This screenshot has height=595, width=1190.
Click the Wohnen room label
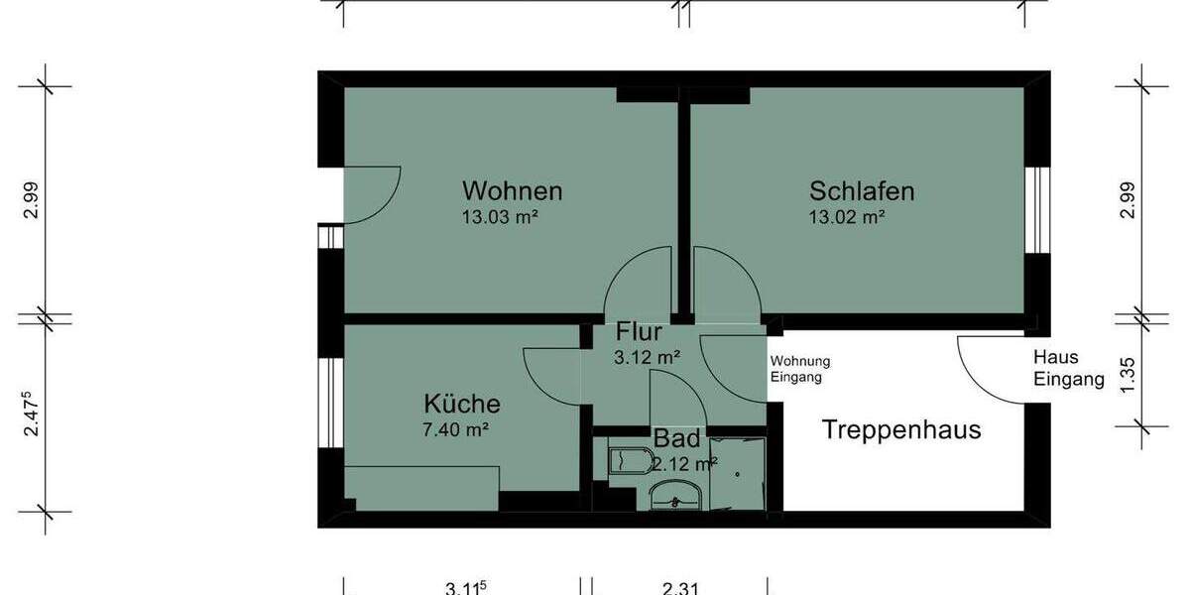click(513, 190)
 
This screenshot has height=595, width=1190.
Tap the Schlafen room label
click(861, 190)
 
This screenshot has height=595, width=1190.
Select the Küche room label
click(462, 404)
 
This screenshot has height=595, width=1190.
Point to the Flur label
click(639, 332)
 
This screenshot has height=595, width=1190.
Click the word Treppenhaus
click(901, 430)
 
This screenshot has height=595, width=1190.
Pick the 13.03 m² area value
click(500, 217)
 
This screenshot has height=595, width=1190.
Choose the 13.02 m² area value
click(846, 217)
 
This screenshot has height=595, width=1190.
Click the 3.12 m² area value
click(647, 358)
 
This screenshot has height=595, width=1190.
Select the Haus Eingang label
click(1068, 368)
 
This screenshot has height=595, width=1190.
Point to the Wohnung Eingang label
click(799, 369)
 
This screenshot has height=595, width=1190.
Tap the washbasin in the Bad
click(676, 493)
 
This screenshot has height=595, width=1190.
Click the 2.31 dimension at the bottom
click(679, 588)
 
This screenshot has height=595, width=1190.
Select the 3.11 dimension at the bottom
click(465, 588)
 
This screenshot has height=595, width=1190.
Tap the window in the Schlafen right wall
click(1036, 209)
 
